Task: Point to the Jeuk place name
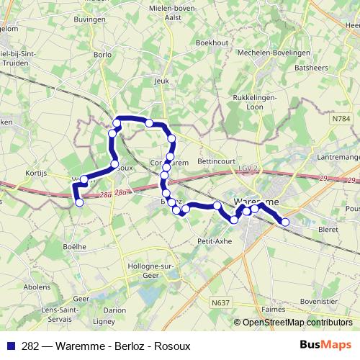[161, 81]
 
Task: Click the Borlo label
[102, 54]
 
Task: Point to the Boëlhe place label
[75, 246]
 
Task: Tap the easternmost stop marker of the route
[285, 222]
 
